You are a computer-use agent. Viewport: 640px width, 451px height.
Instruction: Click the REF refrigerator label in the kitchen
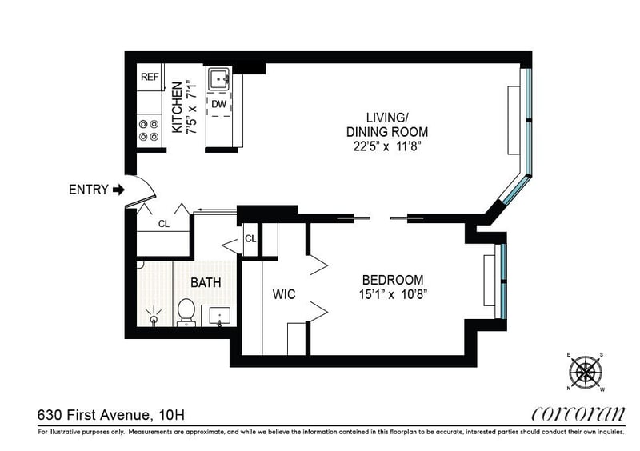tap(150, 77)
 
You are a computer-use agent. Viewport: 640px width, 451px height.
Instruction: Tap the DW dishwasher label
tap(218, 104)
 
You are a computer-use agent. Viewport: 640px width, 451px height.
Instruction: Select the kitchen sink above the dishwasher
tap(219, 79)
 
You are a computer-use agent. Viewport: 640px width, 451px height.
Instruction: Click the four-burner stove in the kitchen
tap(149, 130)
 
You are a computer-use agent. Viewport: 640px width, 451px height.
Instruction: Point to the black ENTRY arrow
tap(118, 190)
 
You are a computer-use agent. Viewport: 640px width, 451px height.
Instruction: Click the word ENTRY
tap(89, 190)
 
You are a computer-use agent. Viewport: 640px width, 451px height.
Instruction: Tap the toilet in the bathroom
tap(186, 312)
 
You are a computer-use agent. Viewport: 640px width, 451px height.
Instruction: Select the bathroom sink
tap(219, 317)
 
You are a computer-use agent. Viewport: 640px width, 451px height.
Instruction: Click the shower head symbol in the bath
tap(154, 315)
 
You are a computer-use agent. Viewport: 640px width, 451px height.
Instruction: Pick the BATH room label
tap(206, 282)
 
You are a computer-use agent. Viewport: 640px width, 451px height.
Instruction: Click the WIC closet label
tap(284, 294)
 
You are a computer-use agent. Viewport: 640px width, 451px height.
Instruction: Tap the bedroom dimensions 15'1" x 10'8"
tap(393, 294)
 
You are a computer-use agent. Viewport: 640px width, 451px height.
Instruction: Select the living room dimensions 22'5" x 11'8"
tap(387, 146)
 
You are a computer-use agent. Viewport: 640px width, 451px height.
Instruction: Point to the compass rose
tap(586, 371)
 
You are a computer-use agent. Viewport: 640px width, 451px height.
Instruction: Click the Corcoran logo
tap(578, 414)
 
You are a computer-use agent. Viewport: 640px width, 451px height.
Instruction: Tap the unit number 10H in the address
tap(172, 415)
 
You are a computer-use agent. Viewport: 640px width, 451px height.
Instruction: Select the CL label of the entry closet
tap(164, 224)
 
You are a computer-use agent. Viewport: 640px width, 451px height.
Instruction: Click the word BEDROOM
tap(393, 280)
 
